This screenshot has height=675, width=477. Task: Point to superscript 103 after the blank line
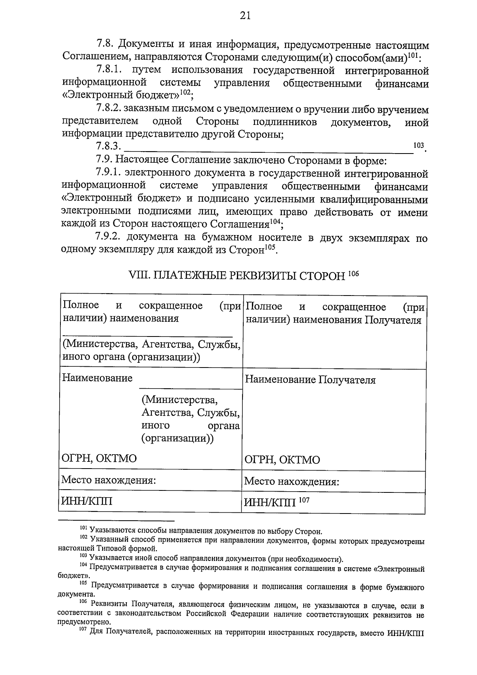(x=419, y=146)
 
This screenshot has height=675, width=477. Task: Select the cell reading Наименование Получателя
(x=310, y=380)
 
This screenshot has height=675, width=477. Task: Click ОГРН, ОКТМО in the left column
(x=99, y=459)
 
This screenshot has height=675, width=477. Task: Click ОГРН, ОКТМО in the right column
(x=282, y=460)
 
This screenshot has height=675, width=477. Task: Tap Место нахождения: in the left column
(x=108, y=480)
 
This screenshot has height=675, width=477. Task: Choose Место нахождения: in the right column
(x=291, y=482)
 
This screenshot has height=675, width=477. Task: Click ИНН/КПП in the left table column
(x=86, y=501)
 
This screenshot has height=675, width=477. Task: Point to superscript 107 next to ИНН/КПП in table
(x=304, y=500)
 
